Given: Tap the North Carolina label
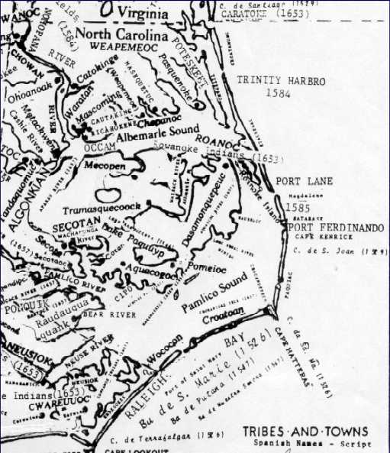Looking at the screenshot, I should pos(131,35).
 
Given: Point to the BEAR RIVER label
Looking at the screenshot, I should pos(102,313).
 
